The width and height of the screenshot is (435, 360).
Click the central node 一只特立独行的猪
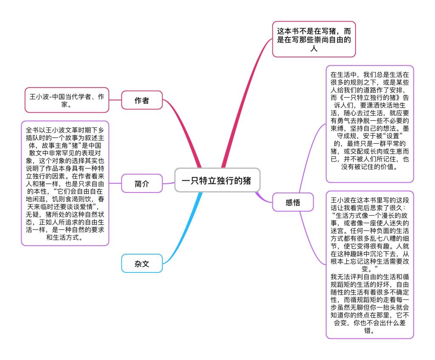pos(217,180)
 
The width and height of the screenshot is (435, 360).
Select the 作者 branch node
pos(142,100)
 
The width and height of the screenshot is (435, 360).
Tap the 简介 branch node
pos(142,183)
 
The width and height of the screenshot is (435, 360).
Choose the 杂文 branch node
pos(142,264)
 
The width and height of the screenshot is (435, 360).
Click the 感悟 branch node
pos(293,202)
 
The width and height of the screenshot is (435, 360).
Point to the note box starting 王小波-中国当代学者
pos(67,100)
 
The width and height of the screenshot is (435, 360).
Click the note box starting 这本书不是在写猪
pos(314,39)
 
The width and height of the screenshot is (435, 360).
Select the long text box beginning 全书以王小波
pos(65,183)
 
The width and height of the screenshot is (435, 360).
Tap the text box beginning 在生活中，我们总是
pos(370,124)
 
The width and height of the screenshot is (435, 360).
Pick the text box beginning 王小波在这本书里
pos(370,265)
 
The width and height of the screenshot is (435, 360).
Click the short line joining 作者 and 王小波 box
pos(115,100)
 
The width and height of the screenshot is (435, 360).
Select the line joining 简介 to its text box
pos(115,183)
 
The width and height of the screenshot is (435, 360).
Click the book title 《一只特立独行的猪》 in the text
pos(370,98)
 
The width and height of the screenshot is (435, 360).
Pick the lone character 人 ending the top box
pos(314,48)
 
